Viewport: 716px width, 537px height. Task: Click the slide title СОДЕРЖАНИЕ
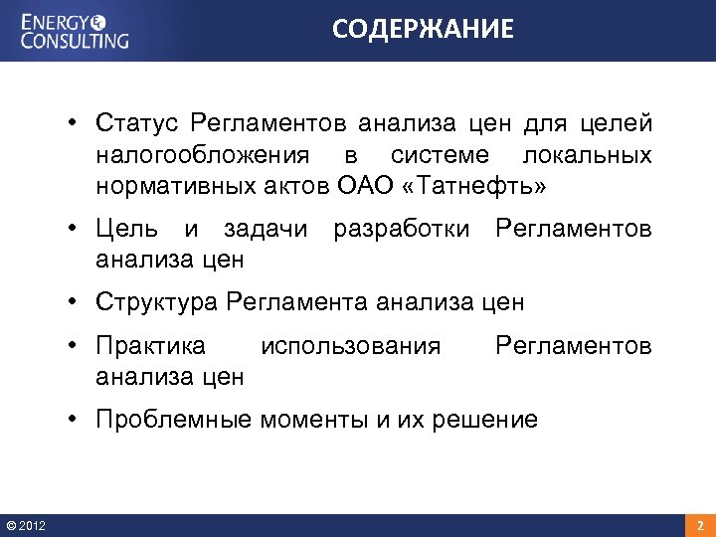[x=423, y=30]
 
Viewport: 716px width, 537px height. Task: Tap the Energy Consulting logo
[x=76, y=30]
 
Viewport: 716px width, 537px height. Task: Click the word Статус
[x=136, y=123]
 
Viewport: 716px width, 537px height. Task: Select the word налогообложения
[x=209, y=155]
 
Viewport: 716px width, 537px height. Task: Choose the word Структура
[x=157, y=301]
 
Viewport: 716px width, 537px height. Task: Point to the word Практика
[x=150, y=346]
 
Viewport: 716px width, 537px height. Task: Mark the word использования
[x=349, y=346]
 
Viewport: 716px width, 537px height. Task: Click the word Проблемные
[x=174, y=420]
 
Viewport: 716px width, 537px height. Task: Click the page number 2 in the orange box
[x=699, y=525]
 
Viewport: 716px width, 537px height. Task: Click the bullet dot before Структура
[x=75, y=301]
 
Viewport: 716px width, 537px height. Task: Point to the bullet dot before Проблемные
[x=75, y=420]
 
